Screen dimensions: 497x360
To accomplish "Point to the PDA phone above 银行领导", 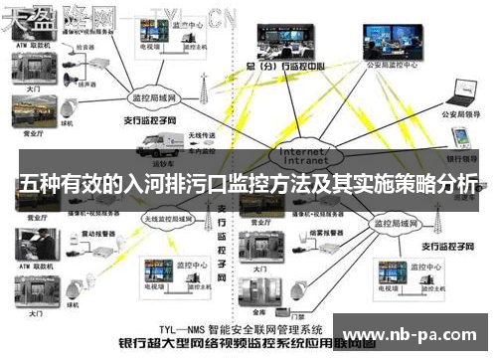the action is (x=461, y=136).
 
